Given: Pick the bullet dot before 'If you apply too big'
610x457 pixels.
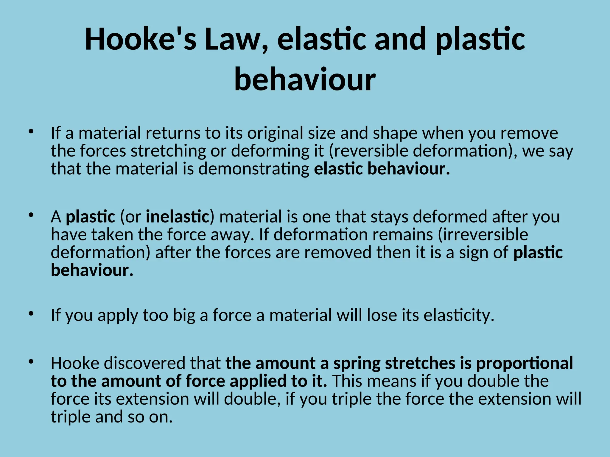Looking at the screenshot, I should [31, 313].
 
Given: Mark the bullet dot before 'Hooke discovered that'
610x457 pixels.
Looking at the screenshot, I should [31, 361].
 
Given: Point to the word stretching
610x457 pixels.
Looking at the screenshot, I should [168, 151].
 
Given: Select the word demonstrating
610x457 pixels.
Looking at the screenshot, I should [254, 169].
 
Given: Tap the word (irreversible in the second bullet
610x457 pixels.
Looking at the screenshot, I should [483, 234].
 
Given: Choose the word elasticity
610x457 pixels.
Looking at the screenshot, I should [459, 315].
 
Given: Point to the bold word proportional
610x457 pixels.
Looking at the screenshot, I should [525, 363].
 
